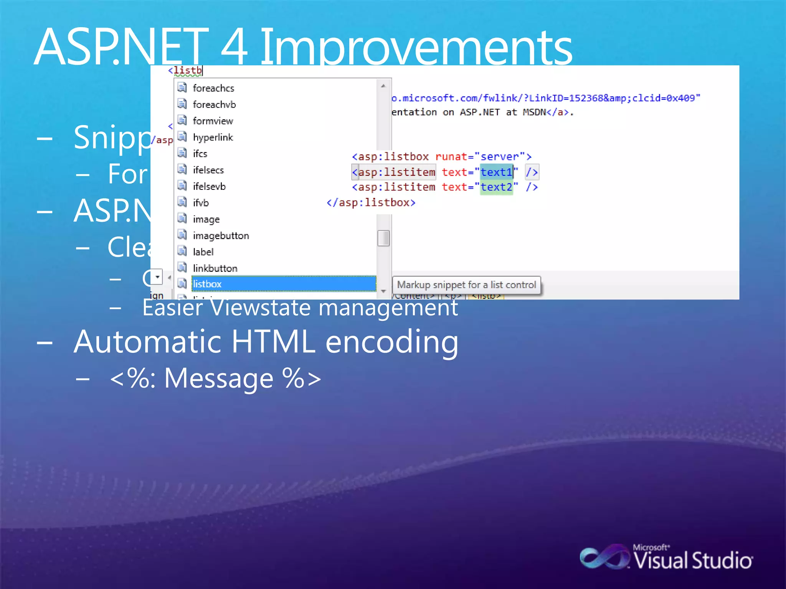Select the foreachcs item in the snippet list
(213, 88)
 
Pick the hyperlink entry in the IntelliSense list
(213, 137)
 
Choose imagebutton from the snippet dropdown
(221, 235)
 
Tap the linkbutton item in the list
(215, 268)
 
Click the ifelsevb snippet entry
(209, 186)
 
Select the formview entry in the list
(213, 121)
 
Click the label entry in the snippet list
(203, 252)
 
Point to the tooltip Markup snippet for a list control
(466, 285)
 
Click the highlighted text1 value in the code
(496, 172)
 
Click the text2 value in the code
(496, 187)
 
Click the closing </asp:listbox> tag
(371, 202)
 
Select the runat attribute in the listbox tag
(451, 157)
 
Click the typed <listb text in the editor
(186, 71)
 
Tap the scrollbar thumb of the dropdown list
(383, 238)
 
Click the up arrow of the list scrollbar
(383, 86)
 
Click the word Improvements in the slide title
(416, 48)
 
